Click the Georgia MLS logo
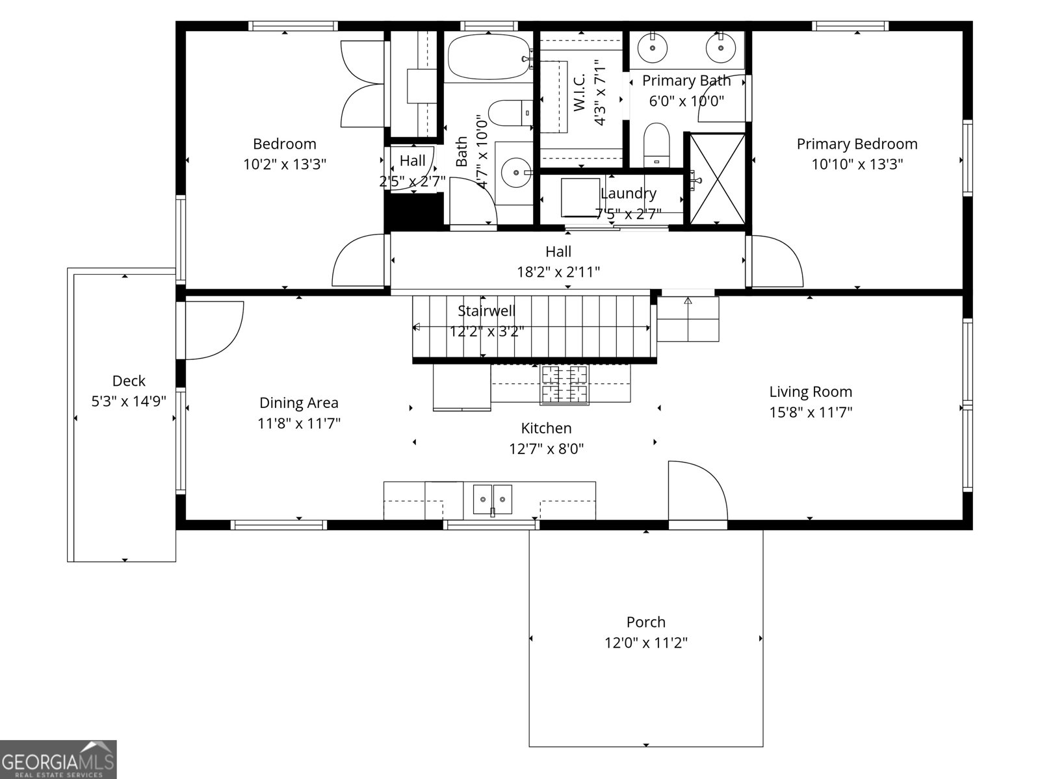58,759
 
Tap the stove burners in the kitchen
564,384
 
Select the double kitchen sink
492,499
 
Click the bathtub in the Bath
489,57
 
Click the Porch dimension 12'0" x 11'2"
646,643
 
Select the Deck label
129,381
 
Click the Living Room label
811,392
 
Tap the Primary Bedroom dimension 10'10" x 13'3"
857,164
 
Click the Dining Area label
298,403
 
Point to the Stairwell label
486,311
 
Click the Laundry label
628,193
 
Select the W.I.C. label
580,92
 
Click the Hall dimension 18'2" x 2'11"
558,272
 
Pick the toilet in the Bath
509,113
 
